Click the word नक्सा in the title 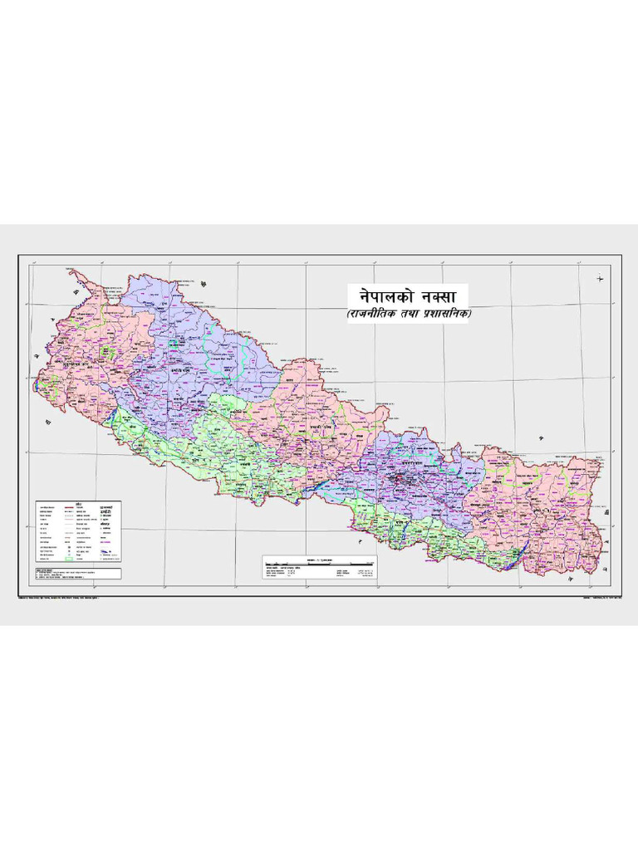click(x=440, y=296)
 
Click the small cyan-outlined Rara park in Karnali click(x=175, y=341)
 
